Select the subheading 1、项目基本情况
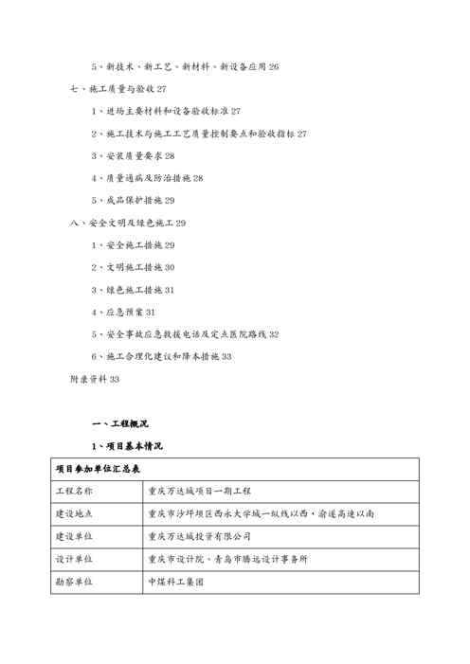click(x=127, y=445)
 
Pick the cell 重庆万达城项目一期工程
click(x=199, y=491)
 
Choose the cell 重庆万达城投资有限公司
click(x=199, y=536)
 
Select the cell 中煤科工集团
click(x=176, y=582)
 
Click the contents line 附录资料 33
click(x=95, y=379)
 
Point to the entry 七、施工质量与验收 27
click(x=118, y=89)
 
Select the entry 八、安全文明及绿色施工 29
click(x=128, y=223)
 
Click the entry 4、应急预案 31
click(x=123, y=312)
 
